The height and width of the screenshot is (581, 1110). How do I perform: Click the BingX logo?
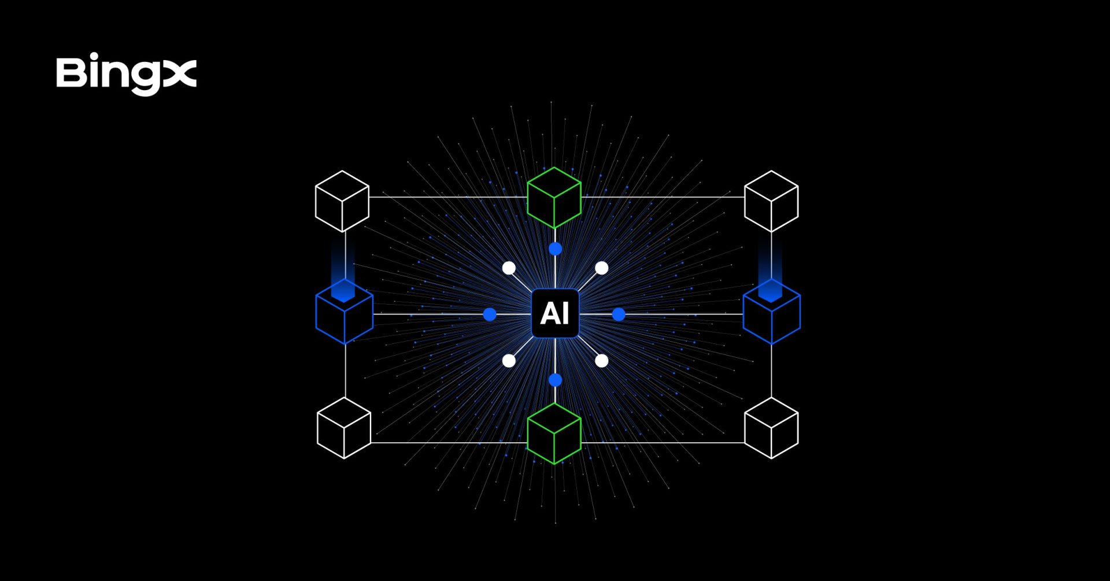[127, 75]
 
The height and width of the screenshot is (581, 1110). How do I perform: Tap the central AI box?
[555, 313]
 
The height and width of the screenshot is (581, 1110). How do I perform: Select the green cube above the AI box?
[554, 198]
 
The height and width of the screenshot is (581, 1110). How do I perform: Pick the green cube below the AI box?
[554, 434]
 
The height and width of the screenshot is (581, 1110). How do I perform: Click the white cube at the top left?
[342, 201]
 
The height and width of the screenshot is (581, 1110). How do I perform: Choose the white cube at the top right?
[771, 201]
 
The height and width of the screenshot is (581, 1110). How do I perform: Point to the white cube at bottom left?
[344, 428]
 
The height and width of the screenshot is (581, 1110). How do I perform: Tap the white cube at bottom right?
[771, 428]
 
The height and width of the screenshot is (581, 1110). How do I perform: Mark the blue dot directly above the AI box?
[555, 249]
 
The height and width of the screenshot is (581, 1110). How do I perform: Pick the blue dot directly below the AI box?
[555, 380]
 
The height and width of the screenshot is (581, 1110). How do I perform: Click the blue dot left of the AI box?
[490, 314]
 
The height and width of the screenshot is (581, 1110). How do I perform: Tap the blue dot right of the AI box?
[619, 314]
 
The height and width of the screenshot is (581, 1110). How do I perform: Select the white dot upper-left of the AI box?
[509, 268]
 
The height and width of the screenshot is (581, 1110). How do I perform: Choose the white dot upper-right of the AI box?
[602, 268]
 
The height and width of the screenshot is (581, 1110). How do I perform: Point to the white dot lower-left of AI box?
[509, 361]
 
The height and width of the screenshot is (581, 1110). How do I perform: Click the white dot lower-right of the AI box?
[602, 361]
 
